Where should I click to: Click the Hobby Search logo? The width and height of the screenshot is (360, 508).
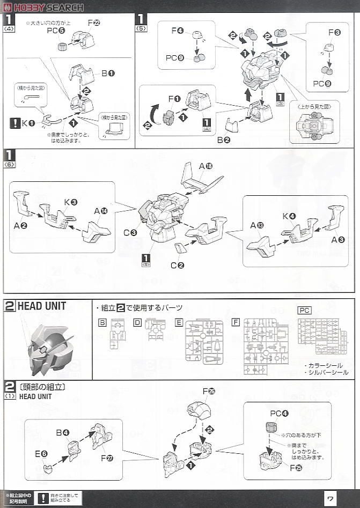point(43,7)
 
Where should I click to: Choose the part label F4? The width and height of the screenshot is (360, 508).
point(178,31)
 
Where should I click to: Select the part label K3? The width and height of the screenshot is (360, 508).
point(71,202)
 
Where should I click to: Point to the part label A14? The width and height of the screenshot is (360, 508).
point(101,211)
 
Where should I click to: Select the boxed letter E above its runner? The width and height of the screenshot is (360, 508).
point(179,322)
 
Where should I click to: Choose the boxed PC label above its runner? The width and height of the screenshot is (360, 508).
point(304,310)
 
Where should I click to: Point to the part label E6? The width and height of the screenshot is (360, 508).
point(41,454)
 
